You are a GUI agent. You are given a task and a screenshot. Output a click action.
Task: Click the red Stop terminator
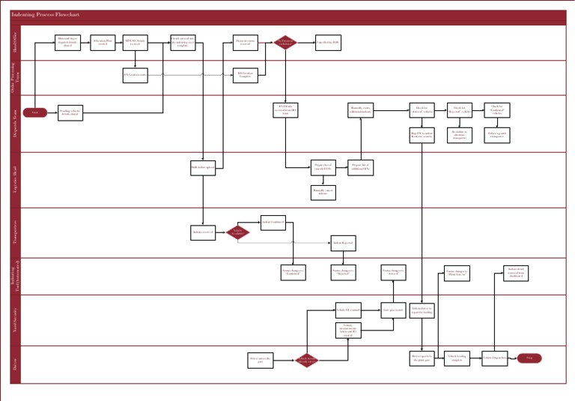point(529,358)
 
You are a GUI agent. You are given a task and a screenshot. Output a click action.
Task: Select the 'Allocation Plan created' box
point(103,43)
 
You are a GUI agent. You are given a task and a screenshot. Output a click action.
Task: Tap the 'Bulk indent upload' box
point(203,168)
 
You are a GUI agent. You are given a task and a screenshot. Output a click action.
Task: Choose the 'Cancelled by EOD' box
point(328,43)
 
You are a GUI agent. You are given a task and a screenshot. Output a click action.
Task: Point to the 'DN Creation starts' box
point(136,75)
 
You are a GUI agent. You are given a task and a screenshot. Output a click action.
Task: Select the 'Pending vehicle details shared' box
point(68,112)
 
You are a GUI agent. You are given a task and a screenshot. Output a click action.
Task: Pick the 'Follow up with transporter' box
point(497,136)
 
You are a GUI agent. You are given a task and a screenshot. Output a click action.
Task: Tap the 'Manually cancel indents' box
point(323,193)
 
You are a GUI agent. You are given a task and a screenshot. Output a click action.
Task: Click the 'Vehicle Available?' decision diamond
point(238,232)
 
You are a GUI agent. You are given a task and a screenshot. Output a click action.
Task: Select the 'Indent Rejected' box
point(343,243)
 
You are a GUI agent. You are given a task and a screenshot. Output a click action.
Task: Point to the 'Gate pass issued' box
point(393,310)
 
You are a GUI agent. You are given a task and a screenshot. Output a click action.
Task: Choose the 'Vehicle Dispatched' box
point(494,358)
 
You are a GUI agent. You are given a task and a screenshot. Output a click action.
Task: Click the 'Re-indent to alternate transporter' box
point(460,136)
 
